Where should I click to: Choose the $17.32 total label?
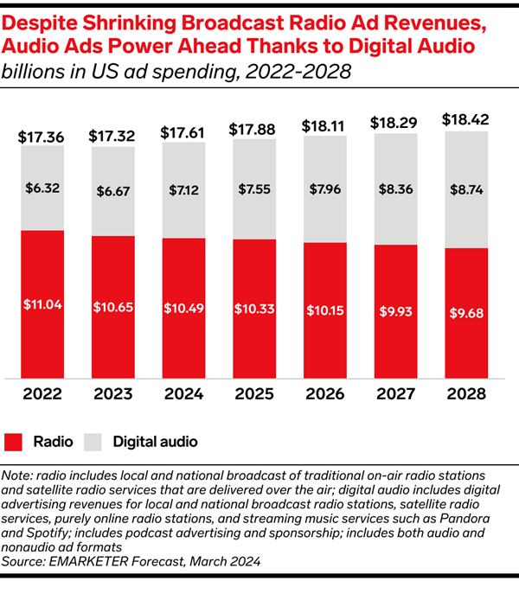[x=113, y=136]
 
